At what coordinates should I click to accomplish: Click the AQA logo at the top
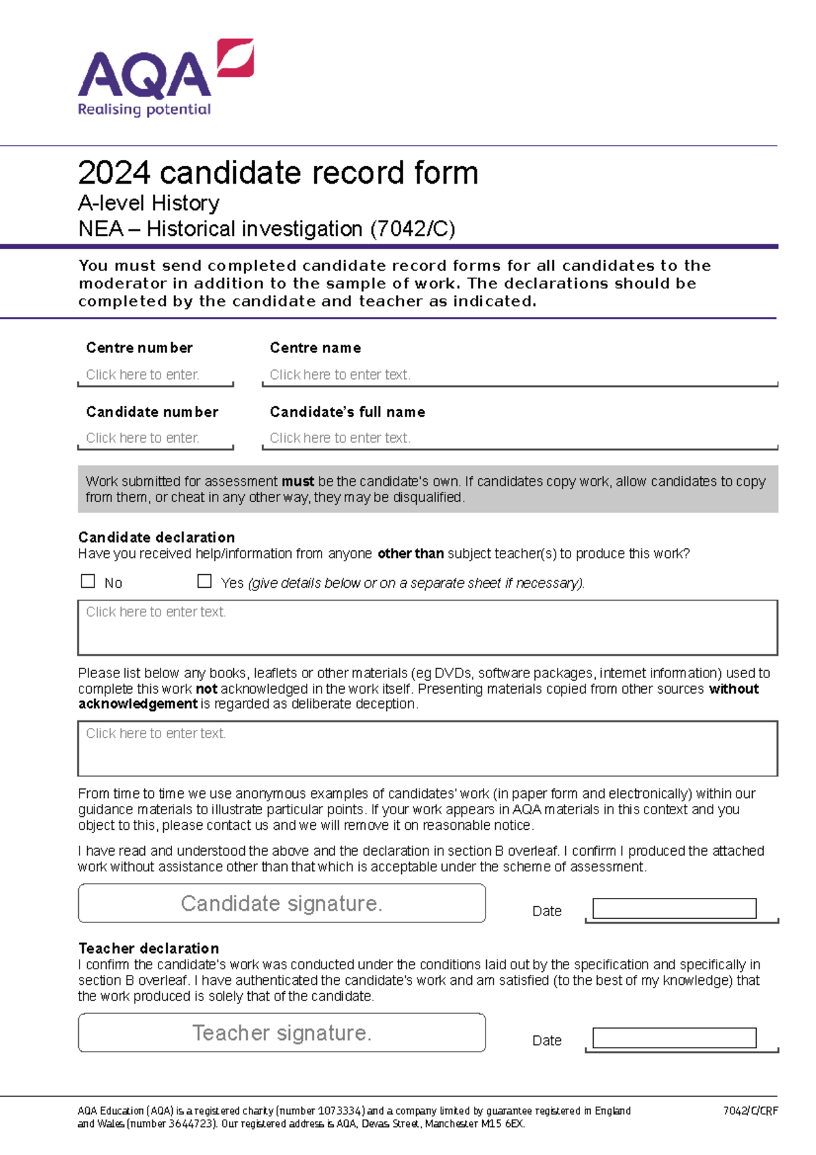[165, 75]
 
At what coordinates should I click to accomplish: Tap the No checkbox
[88, 581]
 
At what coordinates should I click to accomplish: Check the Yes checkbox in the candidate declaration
[204, 581]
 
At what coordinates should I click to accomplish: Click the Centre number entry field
[156, 375]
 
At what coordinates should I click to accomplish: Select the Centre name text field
[520, 375]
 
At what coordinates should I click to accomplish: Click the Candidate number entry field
[156, 438]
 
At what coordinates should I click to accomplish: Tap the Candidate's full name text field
[520, 438]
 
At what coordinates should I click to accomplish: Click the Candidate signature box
[282, 903]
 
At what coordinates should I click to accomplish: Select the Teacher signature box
[282, 1033]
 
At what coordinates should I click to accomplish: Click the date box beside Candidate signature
[674, 908]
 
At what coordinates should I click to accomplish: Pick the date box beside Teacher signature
[674, 1037]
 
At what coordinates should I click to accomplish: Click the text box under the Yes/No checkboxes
[428, 627]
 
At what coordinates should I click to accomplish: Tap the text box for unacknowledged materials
[428, 748]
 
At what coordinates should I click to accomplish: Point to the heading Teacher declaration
[149, 948]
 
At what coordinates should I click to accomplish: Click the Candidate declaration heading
[156, 537]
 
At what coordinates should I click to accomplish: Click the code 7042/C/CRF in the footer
[750, 1111]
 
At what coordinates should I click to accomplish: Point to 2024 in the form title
[114, 173]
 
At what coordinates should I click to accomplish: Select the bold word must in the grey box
[298, 482]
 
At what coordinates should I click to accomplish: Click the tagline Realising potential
[144, 110]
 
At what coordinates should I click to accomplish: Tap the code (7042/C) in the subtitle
[412, 229]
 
